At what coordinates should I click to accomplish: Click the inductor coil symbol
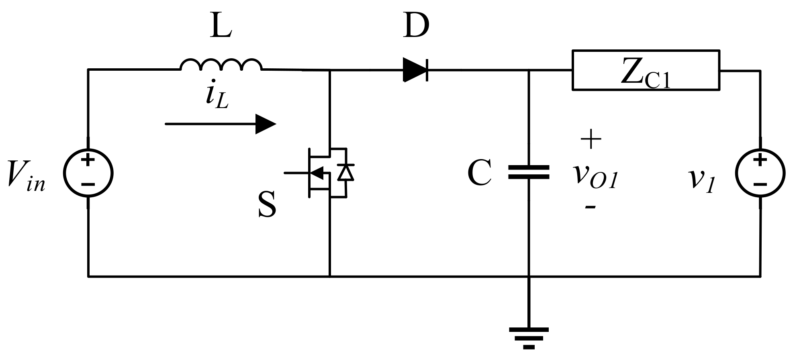[x=221, y=65]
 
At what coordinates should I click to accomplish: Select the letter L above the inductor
[x=221, y=27]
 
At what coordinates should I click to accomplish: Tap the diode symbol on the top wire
[x=415, y=70]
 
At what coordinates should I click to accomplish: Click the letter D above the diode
[x=417, y=26]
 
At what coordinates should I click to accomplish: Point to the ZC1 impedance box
[x=646, y=70]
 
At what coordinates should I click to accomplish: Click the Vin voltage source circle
[x=88, y=173]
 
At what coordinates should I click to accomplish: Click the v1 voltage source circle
[x=760, y=173]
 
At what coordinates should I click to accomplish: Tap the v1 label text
[x=702, y=180]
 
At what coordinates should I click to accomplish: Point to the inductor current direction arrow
[x=221, y=124]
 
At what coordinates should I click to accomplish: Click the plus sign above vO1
[x=591, y=139]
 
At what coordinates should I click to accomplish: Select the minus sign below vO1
[x=590, y=207]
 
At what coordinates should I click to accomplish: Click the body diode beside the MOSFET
[x=345, y=173]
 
